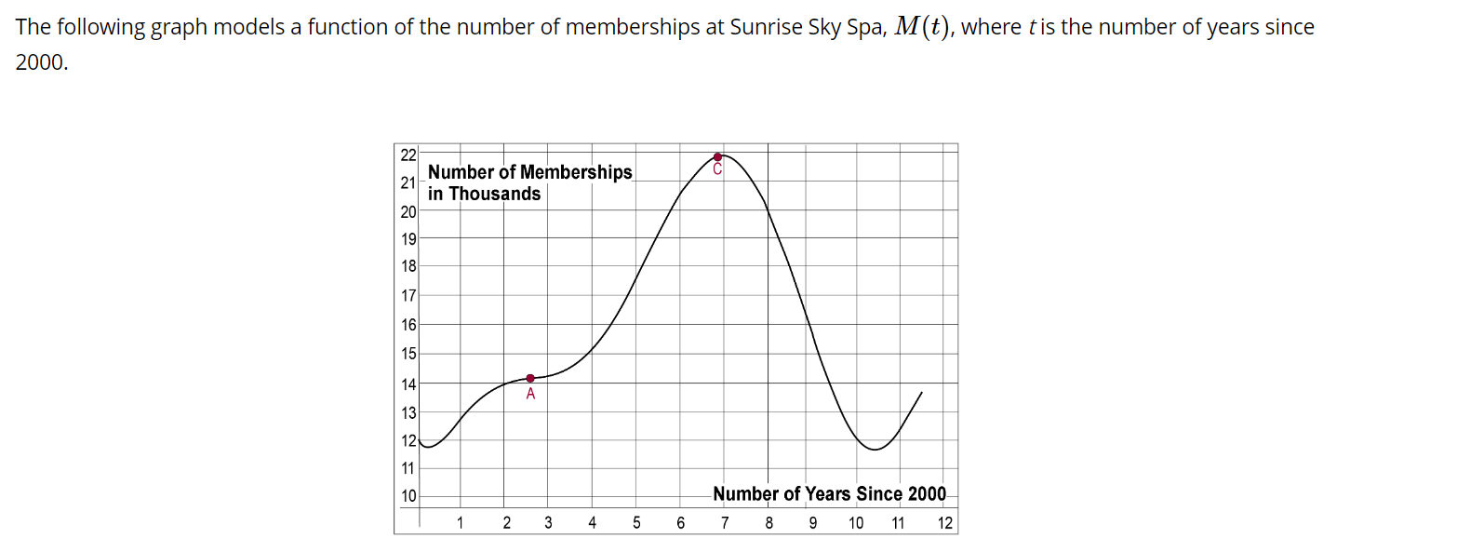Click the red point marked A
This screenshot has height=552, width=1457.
click(530, 378)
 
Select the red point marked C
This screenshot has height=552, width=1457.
click(717, 157)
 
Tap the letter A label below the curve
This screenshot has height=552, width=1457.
click(530, 394)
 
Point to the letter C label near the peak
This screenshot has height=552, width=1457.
click(717, 169)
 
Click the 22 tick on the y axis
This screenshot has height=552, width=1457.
click(408, 154)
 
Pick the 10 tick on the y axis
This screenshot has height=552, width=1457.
click(408, 496)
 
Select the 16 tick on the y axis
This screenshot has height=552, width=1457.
click(408, 325)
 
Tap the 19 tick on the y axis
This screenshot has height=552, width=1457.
click(408, 239)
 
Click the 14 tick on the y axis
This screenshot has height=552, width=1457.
click(408, 383)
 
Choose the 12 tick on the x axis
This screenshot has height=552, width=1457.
click(945, 522)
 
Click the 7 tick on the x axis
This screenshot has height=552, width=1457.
click(725, 522)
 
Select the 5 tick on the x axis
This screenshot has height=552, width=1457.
click(636, 522)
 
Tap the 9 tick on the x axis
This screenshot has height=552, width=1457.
click(812, 522)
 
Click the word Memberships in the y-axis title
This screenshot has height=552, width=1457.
click(576, 172)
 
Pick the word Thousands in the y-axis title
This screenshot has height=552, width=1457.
click(495, 194)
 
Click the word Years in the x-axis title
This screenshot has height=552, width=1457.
click(828, 494)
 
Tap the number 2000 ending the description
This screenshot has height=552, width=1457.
click(41, 64)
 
